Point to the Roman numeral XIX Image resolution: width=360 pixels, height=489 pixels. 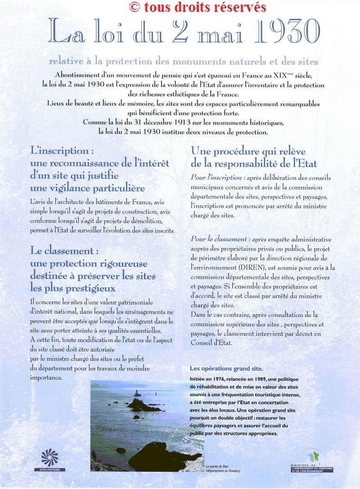point(258,74)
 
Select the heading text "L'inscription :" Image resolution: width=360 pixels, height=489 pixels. point(62,150)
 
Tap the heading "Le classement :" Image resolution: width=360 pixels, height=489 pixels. point(64,250)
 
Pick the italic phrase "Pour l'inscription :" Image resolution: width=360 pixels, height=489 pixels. point(218,177)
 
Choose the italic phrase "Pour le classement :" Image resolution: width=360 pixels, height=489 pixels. point(220,239)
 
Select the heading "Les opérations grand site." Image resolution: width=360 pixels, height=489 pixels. point(226,369)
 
